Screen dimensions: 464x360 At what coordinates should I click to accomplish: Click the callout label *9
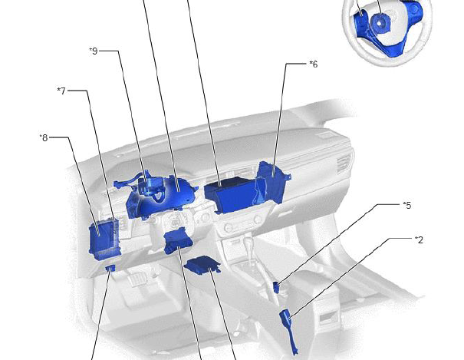pyautogui.click(x=94, y=51)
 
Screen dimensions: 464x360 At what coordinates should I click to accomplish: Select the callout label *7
pyautogui.click(x=61, y=91)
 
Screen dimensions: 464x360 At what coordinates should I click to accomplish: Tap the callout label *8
pyautogui.click(x=44, y=137)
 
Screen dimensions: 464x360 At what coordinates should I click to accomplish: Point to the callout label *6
pyautogui.click(x=314, y=64)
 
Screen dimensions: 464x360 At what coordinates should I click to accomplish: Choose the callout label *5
pyautogui.click(x=407, y=205)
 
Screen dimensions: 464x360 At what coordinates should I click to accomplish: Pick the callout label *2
pyautogui.click(x=419, y=239)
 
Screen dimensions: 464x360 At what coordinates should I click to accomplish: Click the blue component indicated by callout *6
pyautogui.click(x=273, y=181)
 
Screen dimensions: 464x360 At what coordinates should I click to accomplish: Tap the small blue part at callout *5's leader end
pyautogui.click(x=276, y=287)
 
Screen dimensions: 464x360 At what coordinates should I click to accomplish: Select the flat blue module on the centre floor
pyautogui.click(x=202, y=265)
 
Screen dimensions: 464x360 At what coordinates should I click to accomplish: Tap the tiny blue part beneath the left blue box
pyautogui.click(x=110, y=268)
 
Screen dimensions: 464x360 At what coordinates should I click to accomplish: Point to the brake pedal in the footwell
pyautogui.click(x=137, y=279)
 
